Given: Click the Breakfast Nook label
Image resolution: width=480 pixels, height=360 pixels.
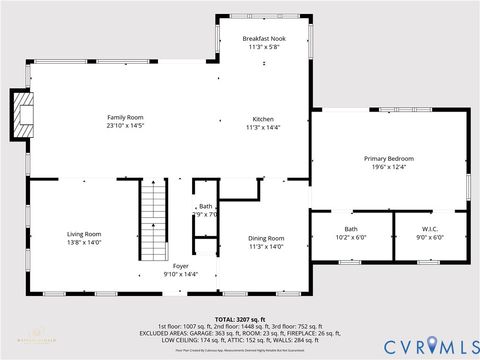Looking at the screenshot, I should click(x=264, y=38).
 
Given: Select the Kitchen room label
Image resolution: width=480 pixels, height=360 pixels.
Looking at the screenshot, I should click(x=264, y=118).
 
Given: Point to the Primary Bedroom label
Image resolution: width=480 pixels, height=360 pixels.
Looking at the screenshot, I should click(x=388, y=158).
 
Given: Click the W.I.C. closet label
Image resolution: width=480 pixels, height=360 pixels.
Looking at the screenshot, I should click(x=430, y=229).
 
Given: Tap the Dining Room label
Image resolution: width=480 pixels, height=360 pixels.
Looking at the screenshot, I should click(x=266, y=237).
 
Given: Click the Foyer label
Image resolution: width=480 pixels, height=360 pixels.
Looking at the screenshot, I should click(x=180, y=265).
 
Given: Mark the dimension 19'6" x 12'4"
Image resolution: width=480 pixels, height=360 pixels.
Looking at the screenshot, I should click(x=388, y=168).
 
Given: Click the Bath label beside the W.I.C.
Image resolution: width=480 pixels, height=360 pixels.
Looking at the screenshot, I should click(x=351, y=229).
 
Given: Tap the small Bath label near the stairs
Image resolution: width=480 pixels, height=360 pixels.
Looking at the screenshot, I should click(x=205, y=206).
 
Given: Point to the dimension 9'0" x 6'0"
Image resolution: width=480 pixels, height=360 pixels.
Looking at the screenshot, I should click(x=430, y=238).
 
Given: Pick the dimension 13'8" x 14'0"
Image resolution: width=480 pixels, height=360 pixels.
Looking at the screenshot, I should click(x=84, y=242).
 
